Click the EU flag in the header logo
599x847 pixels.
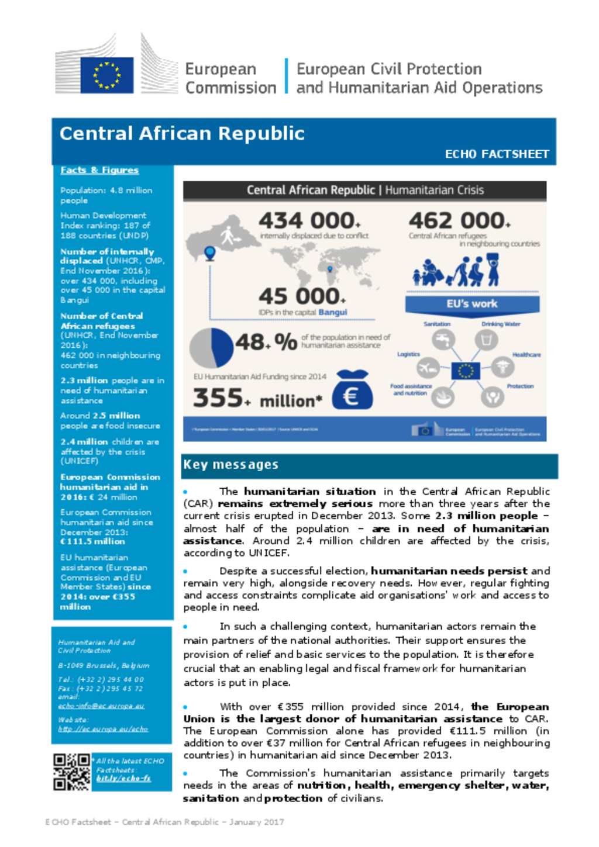coord(106,75)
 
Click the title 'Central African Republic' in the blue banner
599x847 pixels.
coord(182,134)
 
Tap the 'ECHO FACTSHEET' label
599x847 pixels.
coord(497,154)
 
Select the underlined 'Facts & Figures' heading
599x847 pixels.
coord(99,170)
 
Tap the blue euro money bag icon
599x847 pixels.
coord(352,391)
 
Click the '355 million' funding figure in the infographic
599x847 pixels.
coord(257,399)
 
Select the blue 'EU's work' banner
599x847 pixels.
coord(472,304)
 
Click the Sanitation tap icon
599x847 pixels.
coord(443,340)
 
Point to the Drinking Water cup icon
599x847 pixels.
coord(486,340)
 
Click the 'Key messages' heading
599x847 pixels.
coord(231,465)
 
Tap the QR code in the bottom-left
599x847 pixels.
coord(71,772)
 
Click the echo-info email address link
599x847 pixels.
coord(101,706)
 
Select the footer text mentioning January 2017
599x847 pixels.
coord(164,822)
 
